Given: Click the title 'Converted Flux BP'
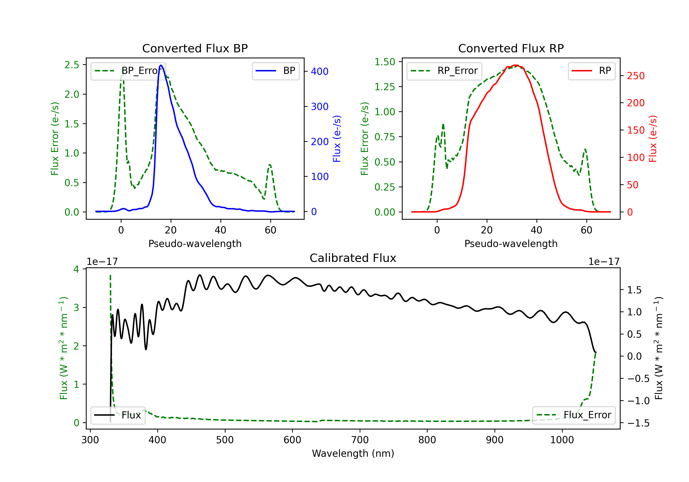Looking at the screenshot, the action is click(195, 48).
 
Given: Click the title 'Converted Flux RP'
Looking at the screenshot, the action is click(511, 48).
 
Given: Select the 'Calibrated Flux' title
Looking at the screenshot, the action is click(353, 258).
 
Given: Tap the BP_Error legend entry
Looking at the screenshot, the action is click(128, 71).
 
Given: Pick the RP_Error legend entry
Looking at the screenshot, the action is click(444, 71).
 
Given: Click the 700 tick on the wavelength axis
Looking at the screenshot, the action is click(360, 440).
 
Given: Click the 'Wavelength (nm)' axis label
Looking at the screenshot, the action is click(353, 454).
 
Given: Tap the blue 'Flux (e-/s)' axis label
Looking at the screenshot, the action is click(337, 139).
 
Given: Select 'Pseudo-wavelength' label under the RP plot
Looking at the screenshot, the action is click(511, 244).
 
